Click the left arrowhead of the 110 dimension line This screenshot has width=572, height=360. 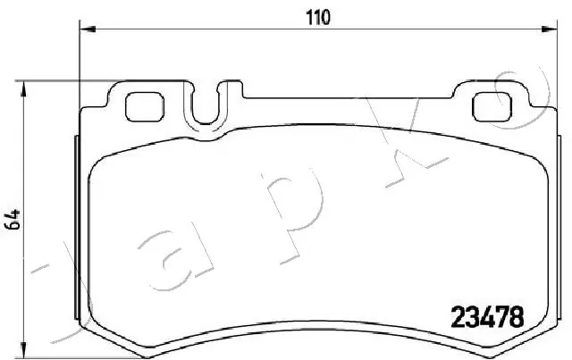click(x=86, y=29)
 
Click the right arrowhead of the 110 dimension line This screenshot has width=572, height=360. click(x=544, y=29)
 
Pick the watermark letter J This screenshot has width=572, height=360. click(x=36, y=295)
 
